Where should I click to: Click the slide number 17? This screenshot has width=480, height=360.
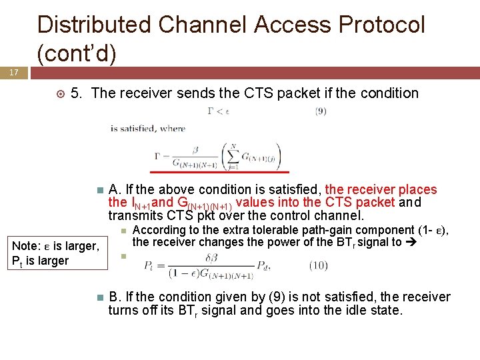(13, 72)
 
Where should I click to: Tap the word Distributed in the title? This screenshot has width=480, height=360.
(95, 25)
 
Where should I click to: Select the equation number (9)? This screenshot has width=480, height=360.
(321, 111)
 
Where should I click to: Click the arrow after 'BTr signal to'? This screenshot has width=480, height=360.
(411, 243)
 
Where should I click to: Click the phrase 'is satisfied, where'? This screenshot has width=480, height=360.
(148, 129)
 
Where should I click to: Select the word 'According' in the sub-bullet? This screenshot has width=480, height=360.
(159, 231)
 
